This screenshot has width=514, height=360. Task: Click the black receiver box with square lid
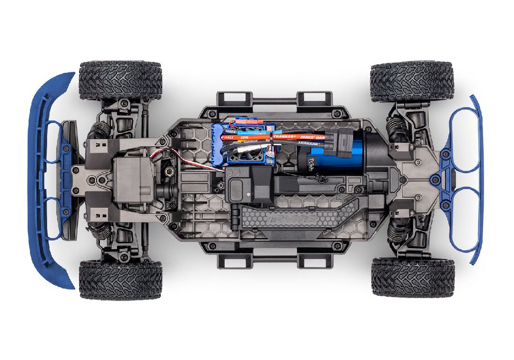(247, 190)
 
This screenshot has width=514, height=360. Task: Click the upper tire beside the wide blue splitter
(120, 80)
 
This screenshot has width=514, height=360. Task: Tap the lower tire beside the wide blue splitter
(120, 280)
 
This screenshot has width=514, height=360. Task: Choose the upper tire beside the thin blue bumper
(411, 81)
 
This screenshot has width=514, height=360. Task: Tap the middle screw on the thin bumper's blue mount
(435, 180)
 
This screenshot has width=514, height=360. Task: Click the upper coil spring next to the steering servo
(99, 129)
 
